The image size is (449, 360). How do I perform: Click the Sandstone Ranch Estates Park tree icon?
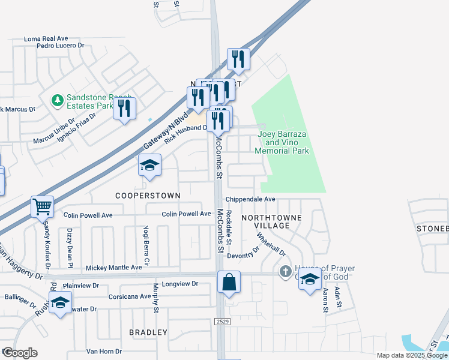point(58,100)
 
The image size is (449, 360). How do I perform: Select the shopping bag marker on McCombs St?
point(229,282)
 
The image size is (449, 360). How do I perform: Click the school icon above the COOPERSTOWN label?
point(149,166)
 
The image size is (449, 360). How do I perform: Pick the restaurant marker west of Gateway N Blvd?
point(124,109)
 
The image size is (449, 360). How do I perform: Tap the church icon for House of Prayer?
point(286,272)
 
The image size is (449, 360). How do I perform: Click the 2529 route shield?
point(221,322)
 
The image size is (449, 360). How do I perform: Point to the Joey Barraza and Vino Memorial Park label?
point(283,143)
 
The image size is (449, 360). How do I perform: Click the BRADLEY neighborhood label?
point(148,332)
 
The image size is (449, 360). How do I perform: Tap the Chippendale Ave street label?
point(250,199)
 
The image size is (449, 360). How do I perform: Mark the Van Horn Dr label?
point(104,352)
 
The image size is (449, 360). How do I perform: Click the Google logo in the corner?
point(20,353)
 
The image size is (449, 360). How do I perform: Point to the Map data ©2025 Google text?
point(412,355)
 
